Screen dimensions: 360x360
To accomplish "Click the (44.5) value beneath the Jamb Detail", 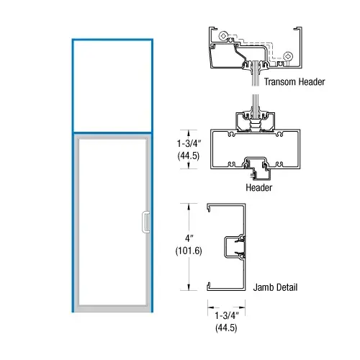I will click(223, 328).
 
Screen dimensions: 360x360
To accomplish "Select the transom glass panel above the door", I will click(112, 86).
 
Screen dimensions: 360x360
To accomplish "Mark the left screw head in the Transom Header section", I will click(226, 35).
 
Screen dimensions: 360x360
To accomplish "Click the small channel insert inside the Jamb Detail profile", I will click(237, 246).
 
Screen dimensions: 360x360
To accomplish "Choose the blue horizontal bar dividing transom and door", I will click(112, 132).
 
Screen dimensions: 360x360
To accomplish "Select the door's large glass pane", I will click(112, 220).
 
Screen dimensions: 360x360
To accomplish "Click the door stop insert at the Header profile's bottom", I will click(258, 168).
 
